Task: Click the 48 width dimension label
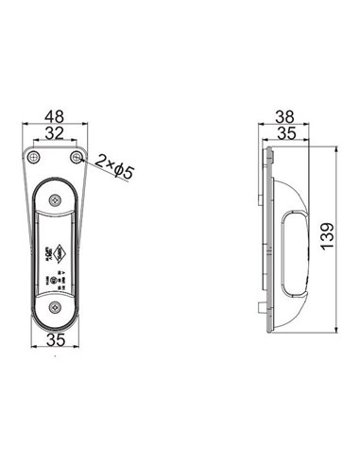[x=55, y=118]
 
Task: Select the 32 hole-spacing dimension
[x=55, y=133]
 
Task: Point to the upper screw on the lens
[x=55, y=198]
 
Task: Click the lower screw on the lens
[x=55, y=305]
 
